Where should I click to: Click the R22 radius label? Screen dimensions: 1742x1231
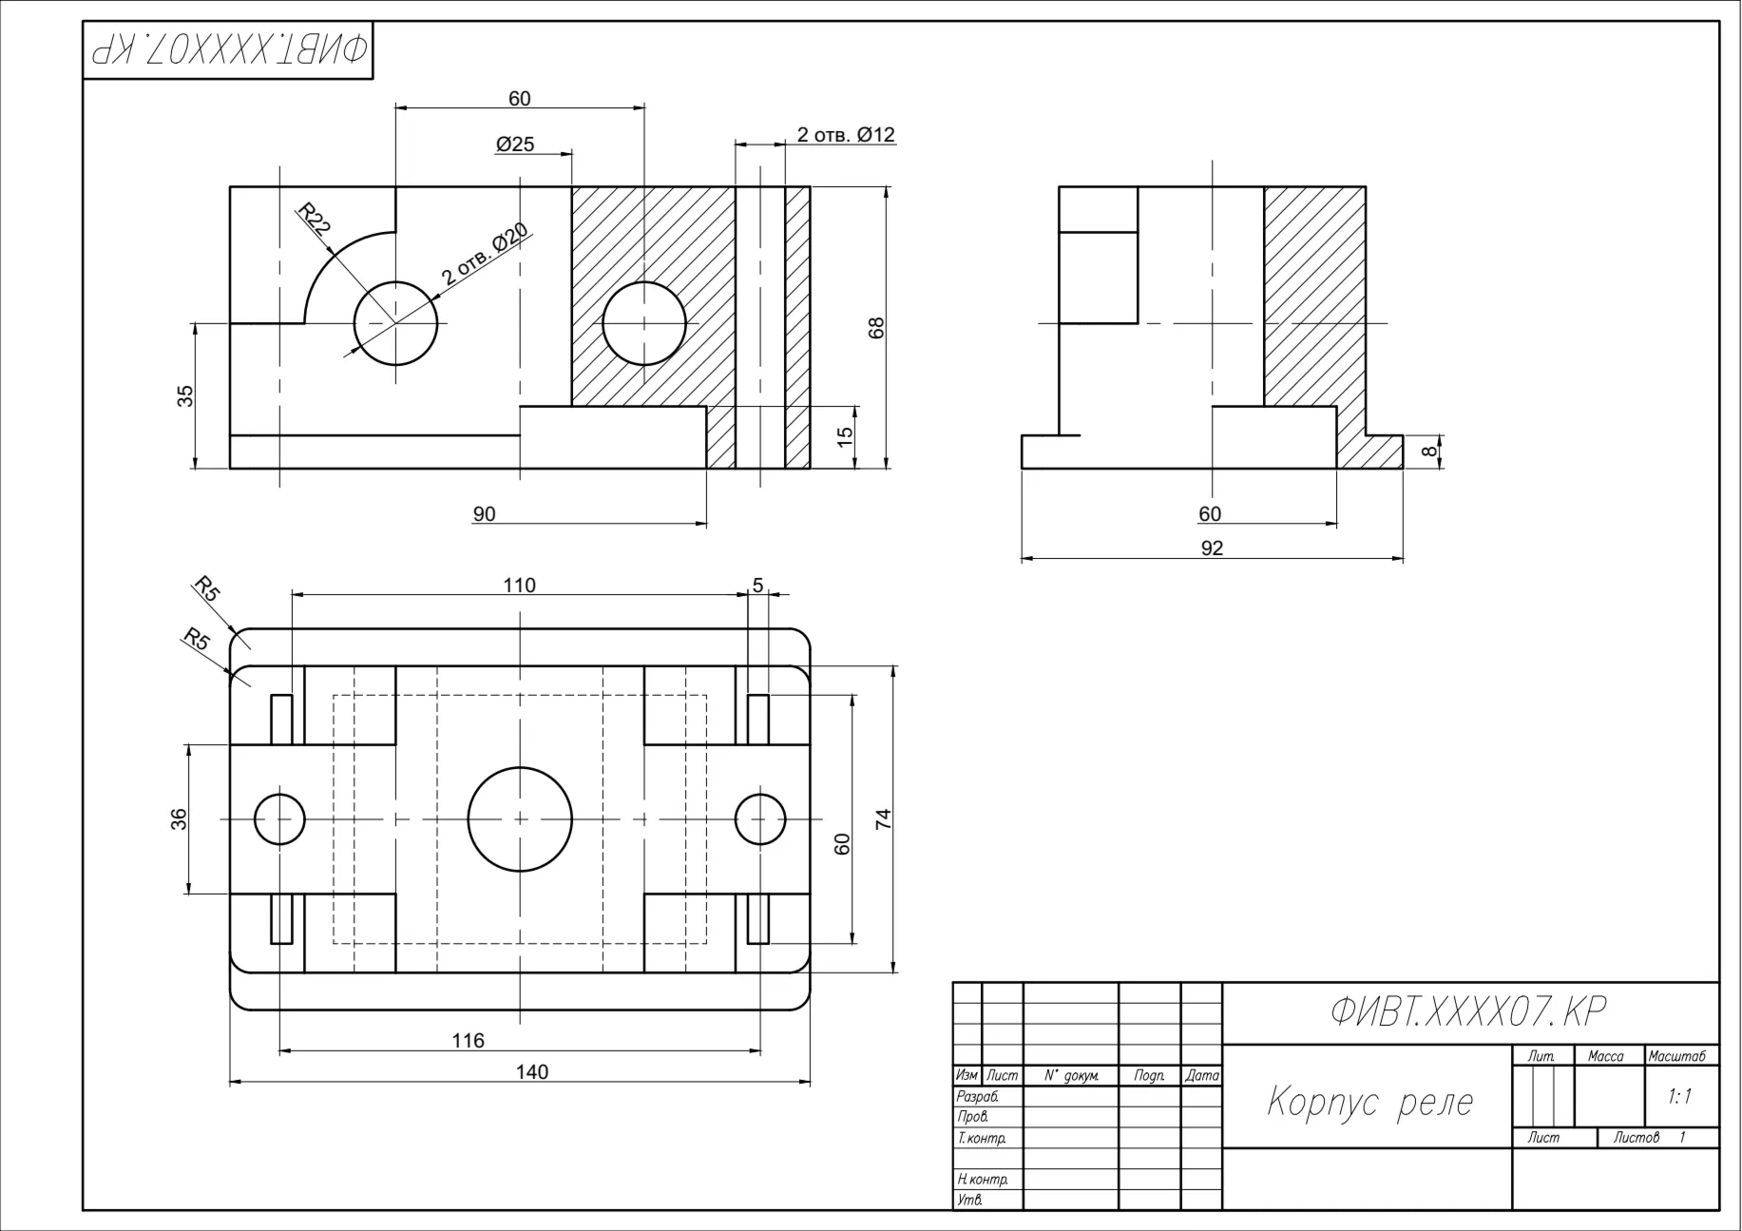click(315, 220)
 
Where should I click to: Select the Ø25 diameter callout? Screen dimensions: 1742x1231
click(515, 144)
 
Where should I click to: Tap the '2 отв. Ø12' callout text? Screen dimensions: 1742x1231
click(846, 135)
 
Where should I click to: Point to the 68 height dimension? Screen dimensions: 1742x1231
click(876, 327)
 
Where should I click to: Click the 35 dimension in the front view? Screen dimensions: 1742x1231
click(186, 395)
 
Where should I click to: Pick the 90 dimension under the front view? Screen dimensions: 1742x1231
click(484, 514)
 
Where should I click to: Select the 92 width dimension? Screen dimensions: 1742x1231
click(1212, 548)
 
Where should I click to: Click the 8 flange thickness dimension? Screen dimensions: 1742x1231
click(1429, 452)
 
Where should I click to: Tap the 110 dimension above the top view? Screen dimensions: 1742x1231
click(520, 586)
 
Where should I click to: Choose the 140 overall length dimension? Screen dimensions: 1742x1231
click(532, 1072)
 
